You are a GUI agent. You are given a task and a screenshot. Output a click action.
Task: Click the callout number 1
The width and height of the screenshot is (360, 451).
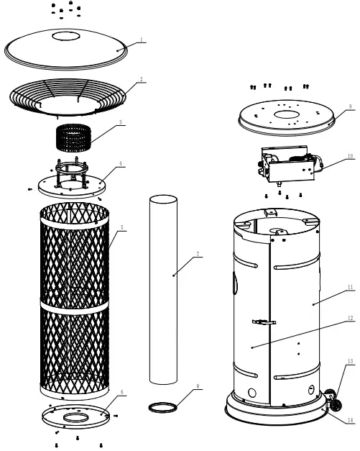coord(142,41)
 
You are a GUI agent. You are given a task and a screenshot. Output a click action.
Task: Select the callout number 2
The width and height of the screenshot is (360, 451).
coord(142,79)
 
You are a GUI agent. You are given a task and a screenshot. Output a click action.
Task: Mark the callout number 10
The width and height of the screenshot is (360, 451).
coord(350,155)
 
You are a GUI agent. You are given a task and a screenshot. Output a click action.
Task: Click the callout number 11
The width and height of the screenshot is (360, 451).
coord(350,287)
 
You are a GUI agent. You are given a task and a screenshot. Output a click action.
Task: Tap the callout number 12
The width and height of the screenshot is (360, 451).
coord(350,317)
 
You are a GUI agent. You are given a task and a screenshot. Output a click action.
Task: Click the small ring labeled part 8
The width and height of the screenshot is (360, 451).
coord(162,408)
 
